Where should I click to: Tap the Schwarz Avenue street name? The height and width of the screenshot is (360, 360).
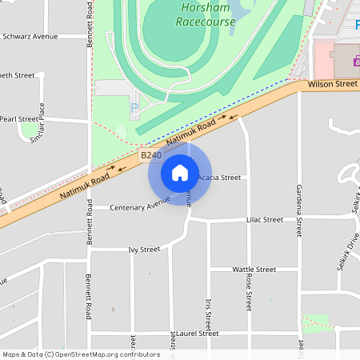pyautogui.click(x=30, y=37)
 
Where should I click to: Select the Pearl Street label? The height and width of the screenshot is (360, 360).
pyautogui.click(x=18, y=118)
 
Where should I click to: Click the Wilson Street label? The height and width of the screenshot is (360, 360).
pyautogui.click(x=332, y=83)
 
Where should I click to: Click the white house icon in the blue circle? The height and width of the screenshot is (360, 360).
pyautogui.click(x=179, y=172)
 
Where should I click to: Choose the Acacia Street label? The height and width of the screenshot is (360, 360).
pyautogui.click(x=218, y=177)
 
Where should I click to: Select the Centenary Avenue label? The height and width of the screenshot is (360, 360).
pyautogui.click(x=141, y=207)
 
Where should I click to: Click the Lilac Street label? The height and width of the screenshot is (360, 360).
pyautogui.click(x=265, y=219)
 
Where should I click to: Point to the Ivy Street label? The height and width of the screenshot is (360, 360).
pyautogui.click(x=144, y=250)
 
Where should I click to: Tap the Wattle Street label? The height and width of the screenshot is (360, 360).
pyautogui.click(x=254, y=270)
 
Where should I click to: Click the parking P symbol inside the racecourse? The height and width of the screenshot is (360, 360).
pyautogui.click(x=134, y=107)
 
